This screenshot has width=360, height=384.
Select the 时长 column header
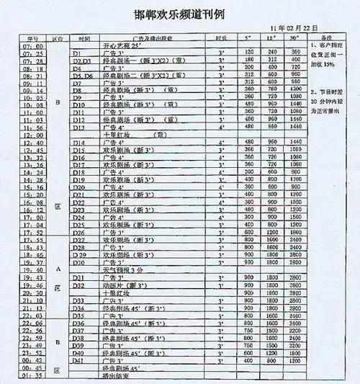(220, 36)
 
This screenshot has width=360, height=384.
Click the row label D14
(79, 142)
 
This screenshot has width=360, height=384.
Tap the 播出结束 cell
(119, 375)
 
